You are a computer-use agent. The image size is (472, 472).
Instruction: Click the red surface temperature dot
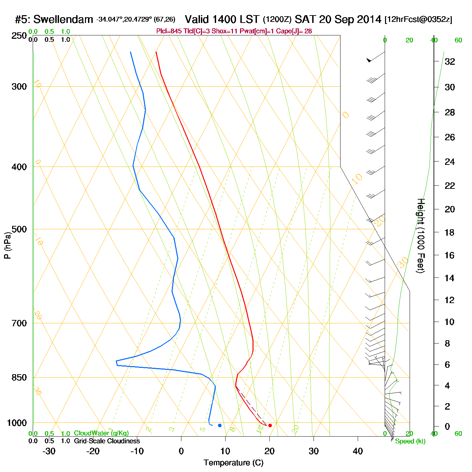coord(270,425)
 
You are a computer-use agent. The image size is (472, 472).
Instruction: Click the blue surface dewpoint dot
coord(220,425)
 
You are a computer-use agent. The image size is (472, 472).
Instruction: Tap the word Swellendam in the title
coord(63,20)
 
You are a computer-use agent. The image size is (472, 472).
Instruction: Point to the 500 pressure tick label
coord(19,229)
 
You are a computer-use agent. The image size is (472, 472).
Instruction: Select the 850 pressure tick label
coord(19,378)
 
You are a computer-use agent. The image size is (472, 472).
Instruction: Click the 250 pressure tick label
coord(19,36)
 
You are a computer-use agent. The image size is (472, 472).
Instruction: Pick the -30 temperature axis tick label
coord(49,451)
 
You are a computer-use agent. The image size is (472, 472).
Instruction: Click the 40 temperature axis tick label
coord(358,451)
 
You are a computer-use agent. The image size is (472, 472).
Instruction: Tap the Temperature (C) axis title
coord(233,463)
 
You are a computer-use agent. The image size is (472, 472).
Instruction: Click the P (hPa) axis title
coord(7,245)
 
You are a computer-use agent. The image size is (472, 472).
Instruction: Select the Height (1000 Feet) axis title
coord(421,236)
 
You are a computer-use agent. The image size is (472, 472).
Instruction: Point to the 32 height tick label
coord(450,61)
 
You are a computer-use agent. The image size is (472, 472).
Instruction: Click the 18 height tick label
coord(450,232)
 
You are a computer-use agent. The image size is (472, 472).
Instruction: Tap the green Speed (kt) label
coord(410,441)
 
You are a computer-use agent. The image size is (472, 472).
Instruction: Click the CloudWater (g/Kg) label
coord(101,433)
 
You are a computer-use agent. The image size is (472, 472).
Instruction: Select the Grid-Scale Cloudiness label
coord(107,441)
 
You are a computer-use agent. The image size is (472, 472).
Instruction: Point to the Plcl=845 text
coord(169,31)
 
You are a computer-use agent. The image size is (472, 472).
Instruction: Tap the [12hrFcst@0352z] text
coord(418,20)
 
